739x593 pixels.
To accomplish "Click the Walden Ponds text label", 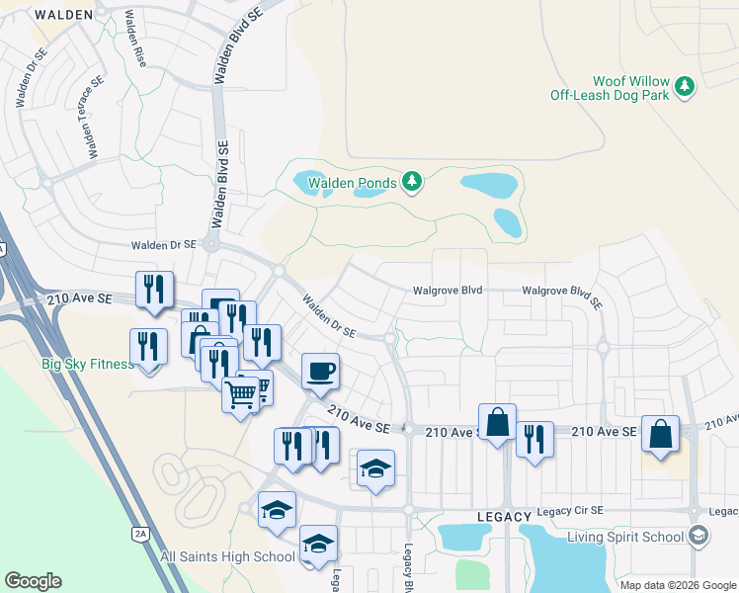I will point(352,183).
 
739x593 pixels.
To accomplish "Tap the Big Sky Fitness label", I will point(87,364).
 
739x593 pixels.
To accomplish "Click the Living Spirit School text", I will point(625,537).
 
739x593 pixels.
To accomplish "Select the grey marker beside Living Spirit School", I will point(699,536).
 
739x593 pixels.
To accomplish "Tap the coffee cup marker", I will point(320,373).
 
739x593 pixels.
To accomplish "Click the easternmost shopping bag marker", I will point(660,434).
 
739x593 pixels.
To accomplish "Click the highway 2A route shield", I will point(140,534).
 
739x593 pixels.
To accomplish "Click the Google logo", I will point(33,581).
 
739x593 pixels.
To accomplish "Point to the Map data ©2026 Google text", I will point(677,585).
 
